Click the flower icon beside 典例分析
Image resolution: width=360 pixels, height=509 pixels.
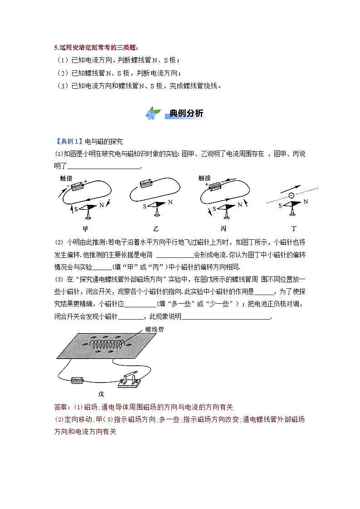[153, 113]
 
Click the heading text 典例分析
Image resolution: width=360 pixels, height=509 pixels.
[186, 113]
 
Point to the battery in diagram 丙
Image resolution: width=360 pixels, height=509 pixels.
[219, 186]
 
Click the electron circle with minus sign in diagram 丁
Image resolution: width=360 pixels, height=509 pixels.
[291, 196]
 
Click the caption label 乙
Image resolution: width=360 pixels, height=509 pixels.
[156, 228]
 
